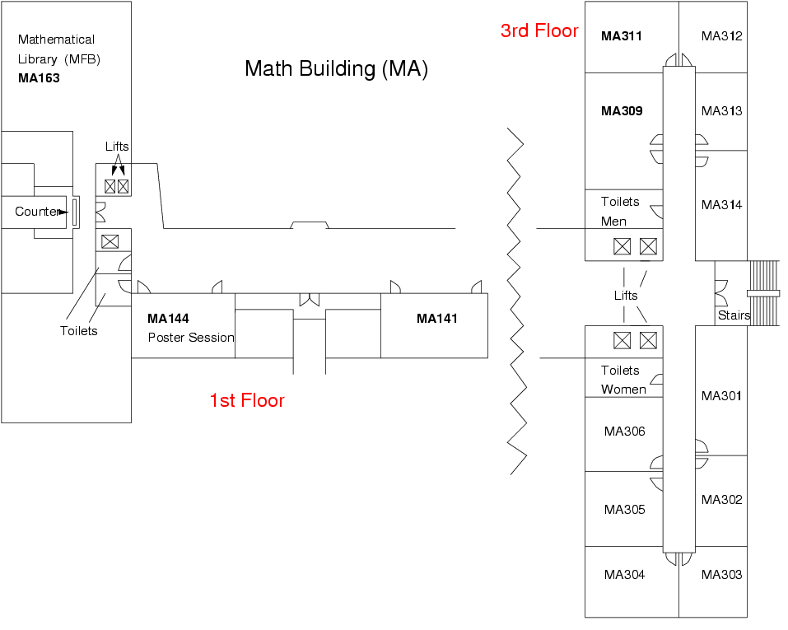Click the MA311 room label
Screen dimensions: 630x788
tap(622, 36)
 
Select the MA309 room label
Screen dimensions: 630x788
tap(622, 111)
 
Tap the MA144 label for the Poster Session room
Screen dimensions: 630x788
tap(168, 319)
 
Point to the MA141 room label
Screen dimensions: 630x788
tap(436, 319)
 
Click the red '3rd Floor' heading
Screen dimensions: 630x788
tap(539, 31)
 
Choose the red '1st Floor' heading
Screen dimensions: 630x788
tap(247, 401)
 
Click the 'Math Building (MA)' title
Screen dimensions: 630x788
tap(336, 68)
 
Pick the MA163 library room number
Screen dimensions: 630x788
tap(39, 79)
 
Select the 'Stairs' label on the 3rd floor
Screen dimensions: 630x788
tap(734, 315)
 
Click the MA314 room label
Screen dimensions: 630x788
tap(721, 205)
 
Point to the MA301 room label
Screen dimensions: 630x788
tap(721, 396)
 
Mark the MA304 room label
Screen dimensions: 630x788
tap(624, 575)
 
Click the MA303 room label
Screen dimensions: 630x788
tap(721, 575)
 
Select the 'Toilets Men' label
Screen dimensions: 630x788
tap(620, 211)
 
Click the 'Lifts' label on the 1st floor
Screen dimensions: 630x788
tap(117, 147)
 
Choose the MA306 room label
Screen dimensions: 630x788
tap(624, 432)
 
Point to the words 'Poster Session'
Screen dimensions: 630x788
tap(191, 338)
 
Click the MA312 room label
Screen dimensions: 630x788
tap(721, 36)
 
